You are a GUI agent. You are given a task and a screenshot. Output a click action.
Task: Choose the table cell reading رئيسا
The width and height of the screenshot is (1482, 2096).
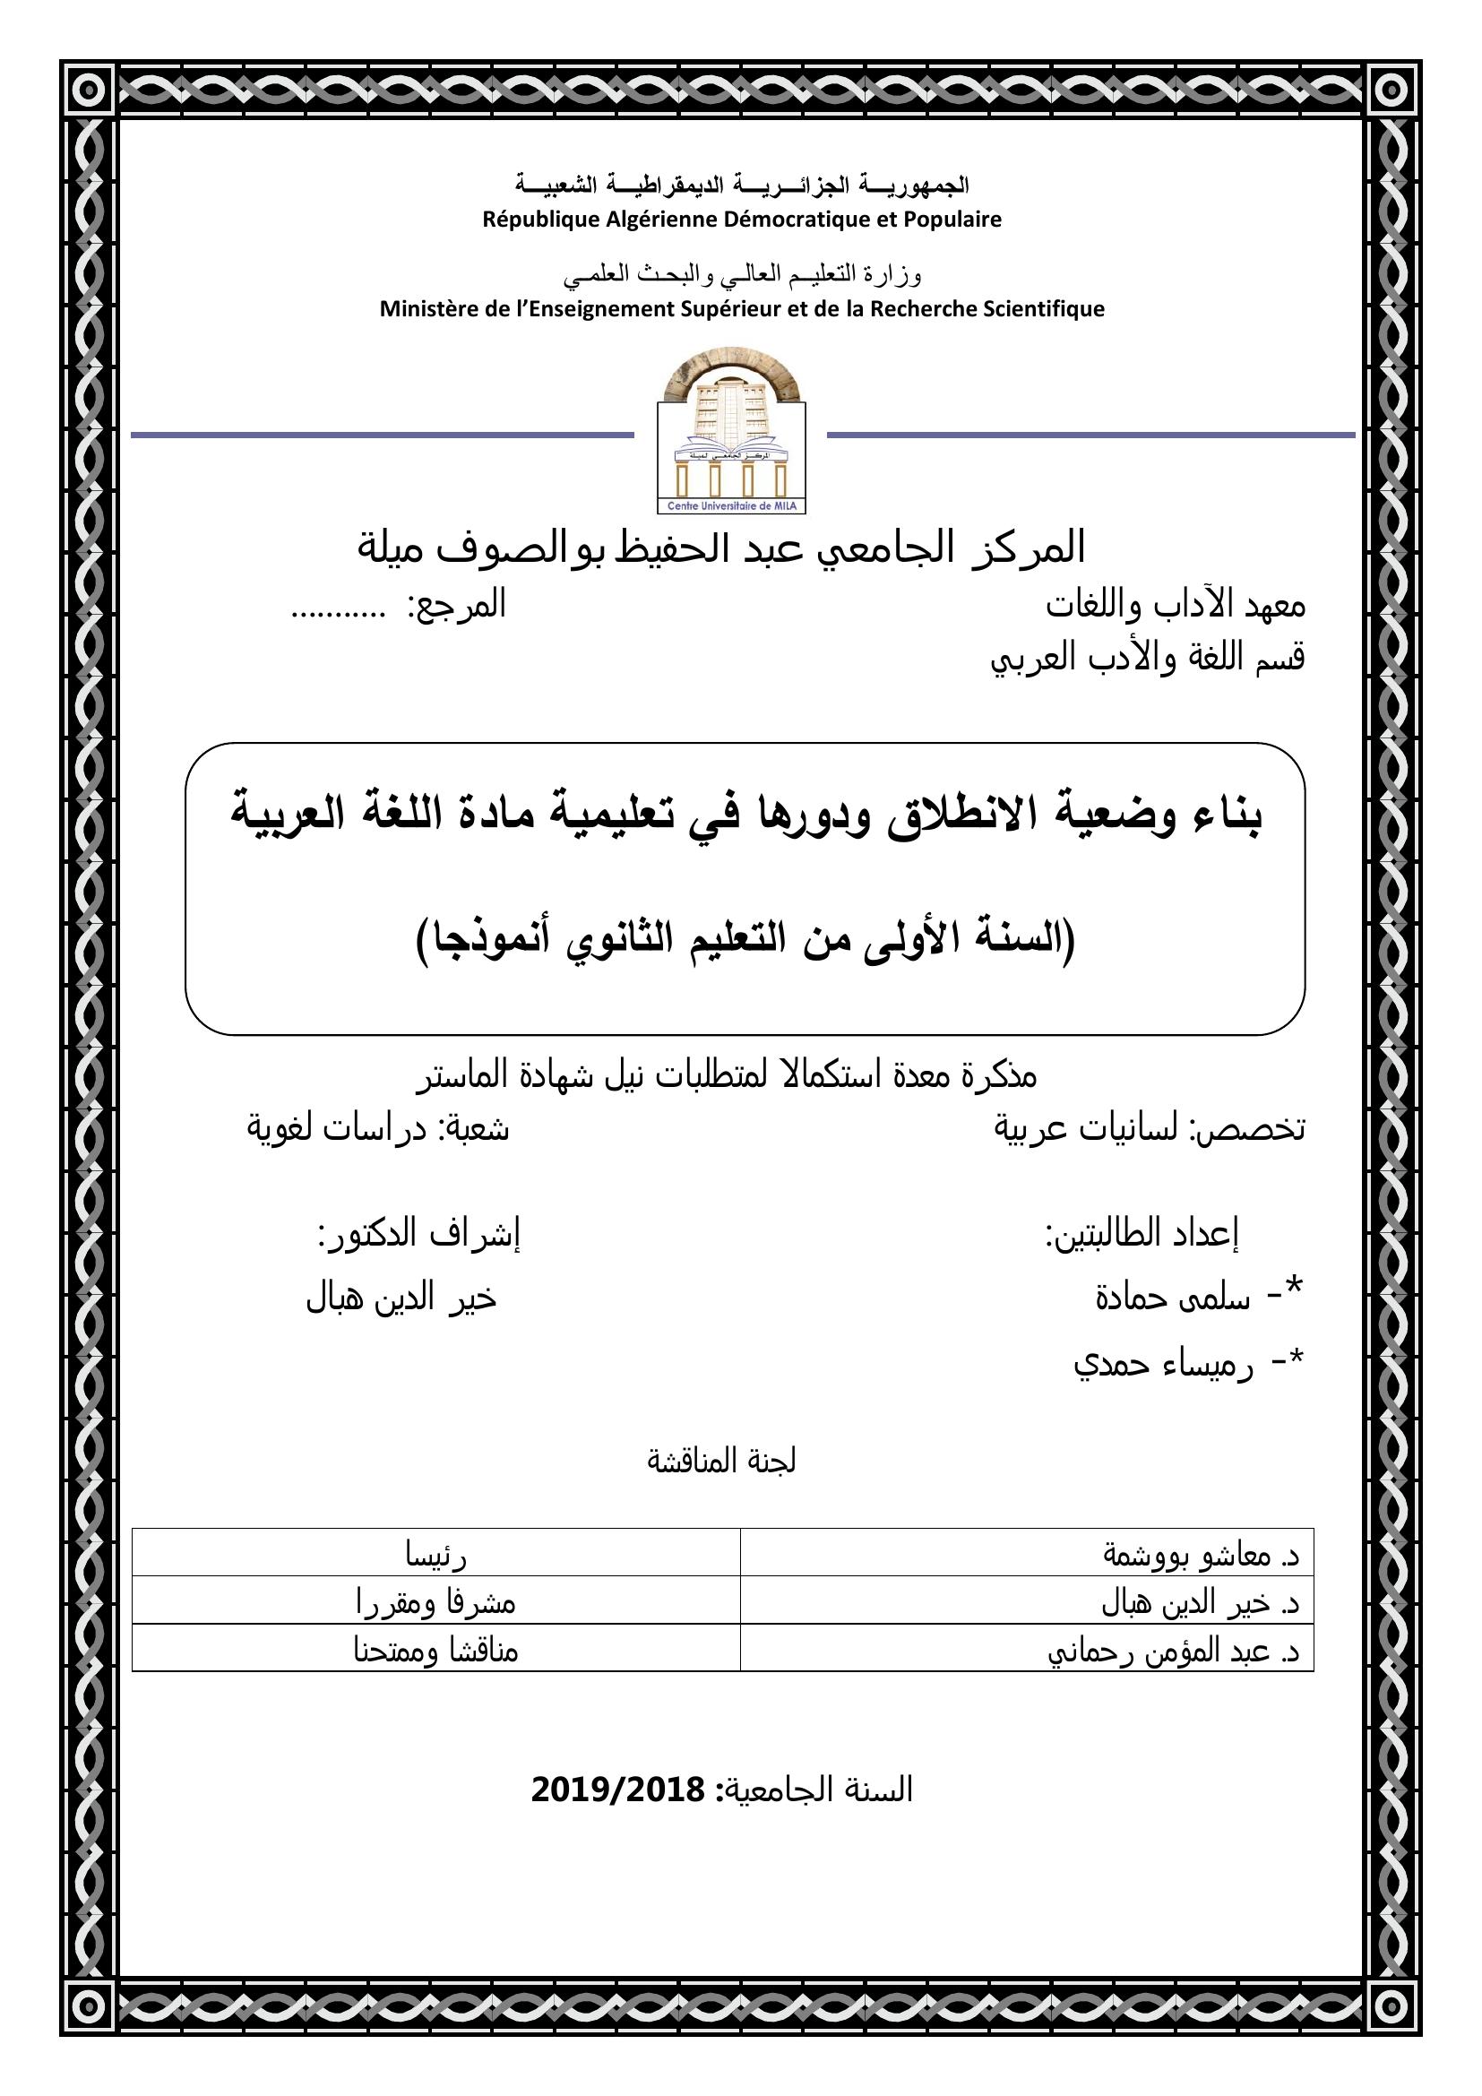(x=436, y=1554)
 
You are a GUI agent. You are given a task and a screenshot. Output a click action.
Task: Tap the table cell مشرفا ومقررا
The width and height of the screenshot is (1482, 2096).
(x=436, y=1602)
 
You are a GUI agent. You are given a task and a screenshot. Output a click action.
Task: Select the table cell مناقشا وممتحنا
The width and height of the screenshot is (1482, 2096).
(x=436, y=1651)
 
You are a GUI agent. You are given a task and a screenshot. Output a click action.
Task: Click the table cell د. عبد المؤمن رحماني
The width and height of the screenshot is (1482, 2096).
(x=1174, y=1651)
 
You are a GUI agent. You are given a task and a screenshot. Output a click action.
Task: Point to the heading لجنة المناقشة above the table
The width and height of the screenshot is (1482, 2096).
(x=722, y=1461)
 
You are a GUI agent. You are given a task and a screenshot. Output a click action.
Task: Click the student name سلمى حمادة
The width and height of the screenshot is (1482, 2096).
(x=1173, y=1298)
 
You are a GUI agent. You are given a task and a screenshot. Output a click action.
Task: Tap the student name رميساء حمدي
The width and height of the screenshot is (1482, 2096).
(x=1164, y=1365)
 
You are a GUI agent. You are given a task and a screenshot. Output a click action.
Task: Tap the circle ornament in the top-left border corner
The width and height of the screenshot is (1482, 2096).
(x=89, y=90)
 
